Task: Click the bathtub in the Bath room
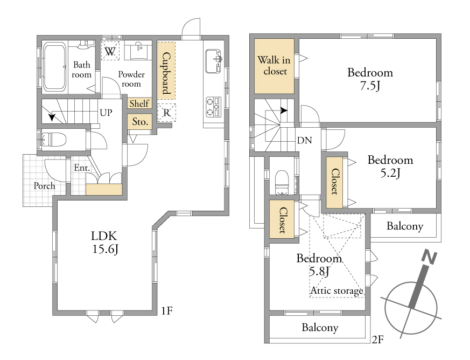(x=54, y=67)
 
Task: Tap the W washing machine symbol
(x=110, y=51)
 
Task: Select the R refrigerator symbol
(x=167, y=113)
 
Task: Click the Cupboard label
(x=166, y=73)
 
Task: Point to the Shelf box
(x=139, y=103)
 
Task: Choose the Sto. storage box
(x=139, y=121)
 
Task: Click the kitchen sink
(x=213, y=61)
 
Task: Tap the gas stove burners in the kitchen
(x=213, y=107)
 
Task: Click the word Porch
(x=44, y=186)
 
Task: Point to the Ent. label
(x=82, y=168)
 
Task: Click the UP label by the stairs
(x=106, y=113)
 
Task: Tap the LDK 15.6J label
(x=104, y=243)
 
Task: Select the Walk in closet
(x=274, y=66)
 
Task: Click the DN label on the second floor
(x=305, y=140)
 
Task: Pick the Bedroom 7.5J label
(x=370, y=79)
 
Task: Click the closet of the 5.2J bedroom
(x=334, y=182)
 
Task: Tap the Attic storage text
(x=336, y=290)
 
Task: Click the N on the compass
(x=429, y=258)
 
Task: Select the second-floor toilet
(x=282, y=182)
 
